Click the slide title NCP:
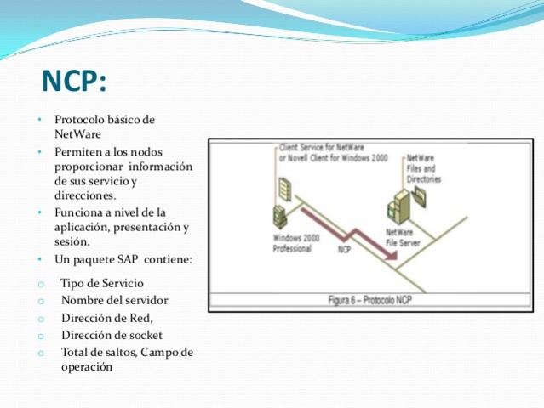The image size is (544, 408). pyautogui.click(x=75, y=82)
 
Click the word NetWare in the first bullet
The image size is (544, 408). pyautogui.click(x=77, y=134)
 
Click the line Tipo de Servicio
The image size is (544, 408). pyautogui.click(x=102, y=283)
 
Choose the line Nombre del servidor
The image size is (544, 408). pyautogui.click(x=114, y=300)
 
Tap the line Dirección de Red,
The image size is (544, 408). pyautogui.click(x=107, y=318)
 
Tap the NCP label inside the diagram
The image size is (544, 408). pyautogui.click(x=345, y=249)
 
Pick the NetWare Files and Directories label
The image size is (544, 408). pyautogui.click(x=423, y=169)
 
